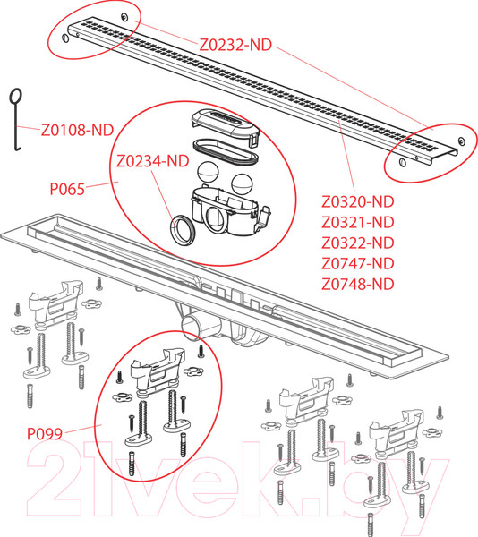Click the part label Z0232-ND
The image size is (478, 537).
(235, 45)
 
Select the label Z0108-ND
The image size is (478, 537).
(77, 130)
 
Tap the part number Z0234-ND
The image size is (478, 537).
(153, 161)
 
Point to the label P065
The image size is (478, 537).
(67, 189)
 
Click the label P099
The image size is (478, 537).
(45, 434)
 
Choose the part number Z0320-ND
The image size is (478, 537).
(358, 201)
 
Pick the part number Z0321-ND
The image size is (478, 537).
(358, 222)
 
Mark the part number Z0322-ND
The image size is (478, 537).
(358, 243)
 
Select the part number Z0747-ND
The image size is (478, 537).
(358, 263)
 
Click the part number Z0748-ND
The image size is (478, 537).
(358, 284)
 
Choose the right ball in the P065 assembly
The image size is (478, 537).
(242, 183)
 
